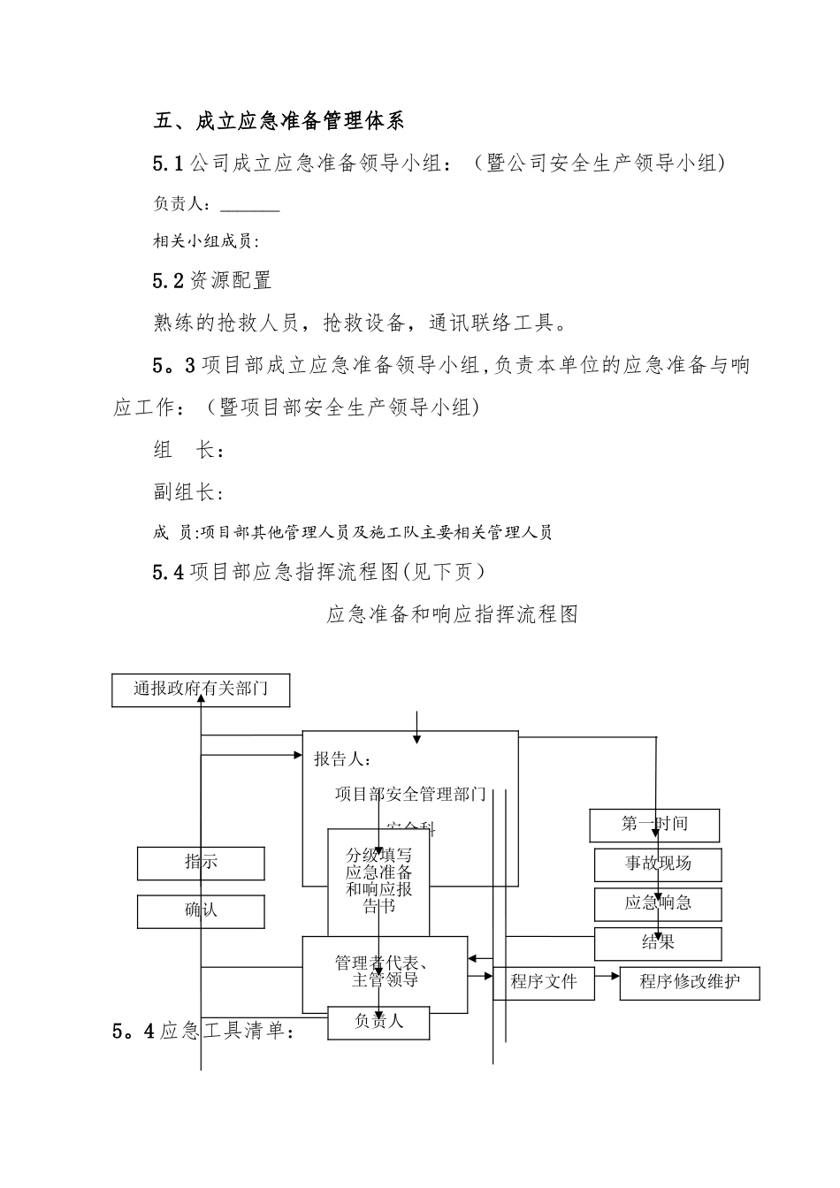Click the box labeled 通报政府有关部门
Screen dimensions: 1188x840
coord(201,689)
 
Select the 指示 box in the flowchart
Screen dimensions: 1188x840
coord(201,863)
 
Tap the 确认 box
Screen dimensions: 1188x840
coord(201,911)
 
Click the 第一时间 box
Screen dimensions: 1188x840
coord(654,826)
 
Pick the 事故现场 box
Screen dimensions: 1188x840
coord(658,864)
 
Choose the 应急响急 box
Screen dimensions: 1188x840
coord(658,903)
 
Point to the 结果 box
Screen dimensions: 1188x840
coord(658,943)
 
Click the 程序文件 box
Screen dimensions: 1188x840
coord(544,982)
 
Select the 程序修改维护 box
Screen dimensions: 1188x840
coord(690,982)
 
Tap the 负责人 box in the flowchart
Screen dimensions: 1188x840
coord(378,1022)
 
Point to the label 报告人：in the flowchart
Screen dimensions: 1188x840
coord(343,759)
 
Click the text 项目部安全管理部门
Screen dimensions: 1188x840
coord(410,795)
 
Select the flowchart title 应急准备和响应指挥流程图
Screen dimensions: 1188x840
coord(452,614)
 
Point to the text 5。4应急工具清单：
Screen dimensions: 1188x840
coord(203,1032)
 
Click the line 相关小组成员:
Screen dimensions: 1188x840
coord(206,241)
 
